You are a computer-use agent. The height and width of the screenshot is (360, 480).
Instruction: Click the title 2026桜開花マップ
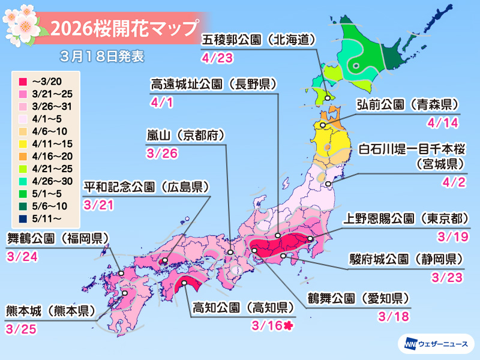pos(124,28)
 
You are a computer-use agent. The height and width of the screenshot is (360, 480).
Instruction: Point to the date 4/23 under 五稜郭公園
pos(217,58)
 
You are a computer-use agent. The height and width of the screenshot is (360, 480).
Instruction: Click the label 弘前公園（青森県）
pos(407,104)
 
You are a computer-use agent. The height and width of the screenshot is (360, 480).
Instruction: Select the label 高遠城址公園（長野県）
pos(213,85)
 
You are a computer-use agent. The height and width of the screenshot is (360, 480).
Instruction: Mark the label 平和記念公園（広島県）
pos(146,187)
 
